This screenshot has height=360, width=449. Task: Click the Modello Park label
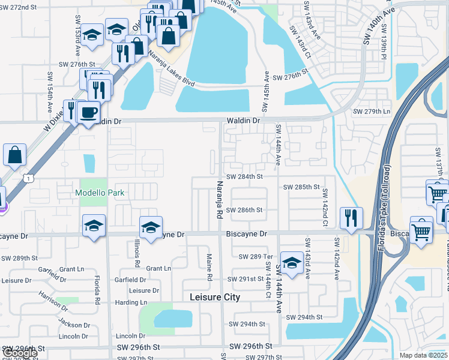99,193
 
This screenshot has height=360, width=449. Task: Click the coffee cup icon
88,112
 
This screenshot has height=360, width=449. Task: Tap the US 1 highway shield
28,178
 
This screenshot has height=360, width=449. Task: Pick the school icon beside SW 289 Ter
292,262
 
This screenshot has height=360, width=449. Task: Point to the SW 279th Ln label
372,112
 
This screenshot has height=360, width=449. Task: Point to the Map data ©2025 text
424,355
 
